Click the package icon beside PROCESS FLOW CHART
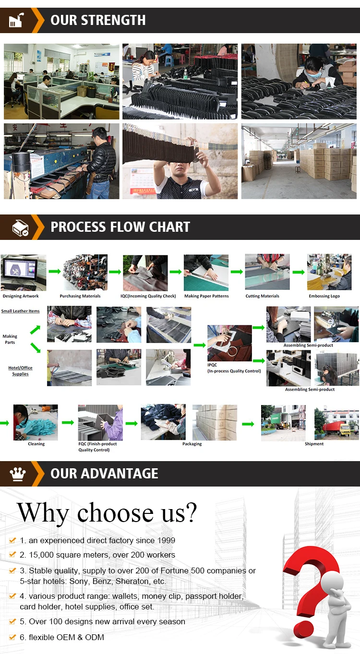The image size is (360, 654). pos(20,227)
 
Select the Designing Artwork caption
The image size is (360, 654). pos(21,296)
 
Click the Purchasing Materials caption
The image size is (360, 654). pos(80,296)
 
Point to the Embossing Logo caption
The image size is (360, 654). pos(324,296)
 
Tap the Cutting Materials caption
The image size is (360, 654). pos(263,296)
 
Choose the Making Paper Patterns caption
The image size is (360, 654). pos(206,296)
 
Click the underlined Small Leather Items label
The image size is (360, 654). pos(20,311)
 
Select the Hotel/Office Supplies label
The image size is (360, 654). pos(20,371)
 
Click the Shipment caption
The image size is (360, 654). pos(314,444)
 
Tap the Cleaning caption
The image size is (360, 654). pos(36,444)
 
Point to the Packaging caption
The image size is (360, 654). pos(192,444)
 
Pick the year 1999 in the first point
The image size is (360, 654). pos(166,540)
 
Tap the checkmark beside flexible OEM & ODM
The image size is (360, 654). pos(12,637)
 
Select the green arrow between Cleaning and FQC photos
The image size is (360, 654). pos(68,423)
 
